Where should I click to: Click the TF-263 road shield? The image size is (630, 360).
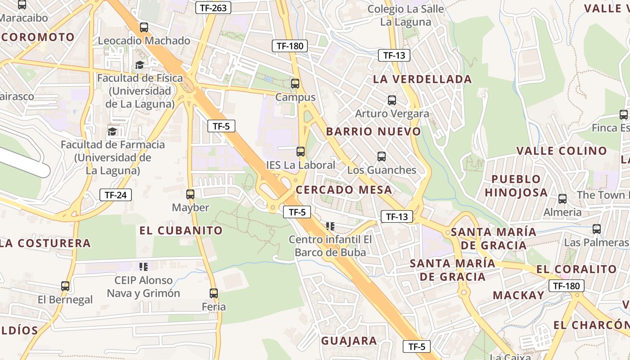(214, 7)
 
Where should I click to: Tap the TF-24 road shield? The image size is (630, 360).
(116, 195)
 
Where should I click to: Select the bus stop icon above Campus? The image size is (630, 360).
(295, 83)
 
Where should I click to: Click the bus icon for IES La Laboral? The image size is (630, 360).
(301, 152)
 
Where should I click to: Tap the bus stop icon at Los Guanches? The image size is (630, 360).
(382, 157)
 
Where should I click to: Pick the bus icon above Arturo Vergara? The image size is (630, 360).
(392, 100)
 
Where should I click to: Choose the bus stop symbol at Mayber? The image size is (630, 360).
(190, 194)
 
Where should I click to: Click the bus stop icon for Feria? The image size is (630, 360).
(214, 293)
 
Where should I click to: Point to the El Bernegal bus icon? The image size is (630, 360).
(65, 286)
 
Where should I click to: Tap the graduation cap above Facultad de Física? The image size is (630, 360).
(140, 65)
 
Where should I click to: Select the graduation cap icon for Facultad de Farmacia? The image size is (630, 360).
(112, 131)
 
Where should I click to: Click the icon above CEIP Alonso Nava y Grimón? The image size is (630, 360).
(144, 267)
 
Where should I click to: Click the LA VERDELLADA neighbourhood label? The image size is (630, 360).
(422, 79)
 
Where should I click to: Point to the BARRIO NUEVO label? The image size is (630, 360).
(373, 131)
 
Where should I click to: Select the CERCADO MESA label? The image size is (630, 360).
(344, 189)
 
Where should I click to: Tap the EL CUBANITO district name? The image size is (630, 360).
(181, 230)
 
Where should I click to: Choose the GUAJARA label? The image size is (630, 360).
(349, 341)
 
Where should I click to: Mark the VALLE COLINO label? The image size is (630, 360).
(562, 151)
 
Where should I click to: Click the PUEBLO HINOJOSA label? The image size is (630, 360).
(516, 186)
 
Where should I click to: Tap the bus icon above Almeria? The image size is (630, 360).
(562, 199)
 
